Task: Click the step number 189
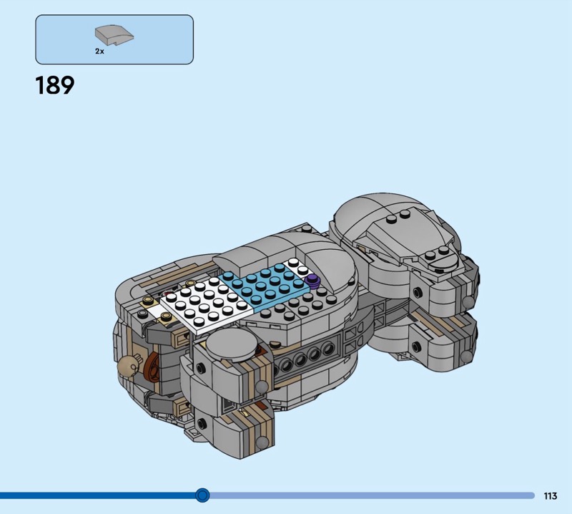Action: (55, 86)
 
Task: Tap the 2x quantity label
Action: (99, 52)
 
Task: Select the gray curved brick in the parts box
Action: (114, 36)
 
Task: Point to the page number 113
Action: (551, 495)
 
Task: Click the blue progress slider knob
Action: (202, 495)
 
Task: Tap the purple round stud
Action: (312, 280)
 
